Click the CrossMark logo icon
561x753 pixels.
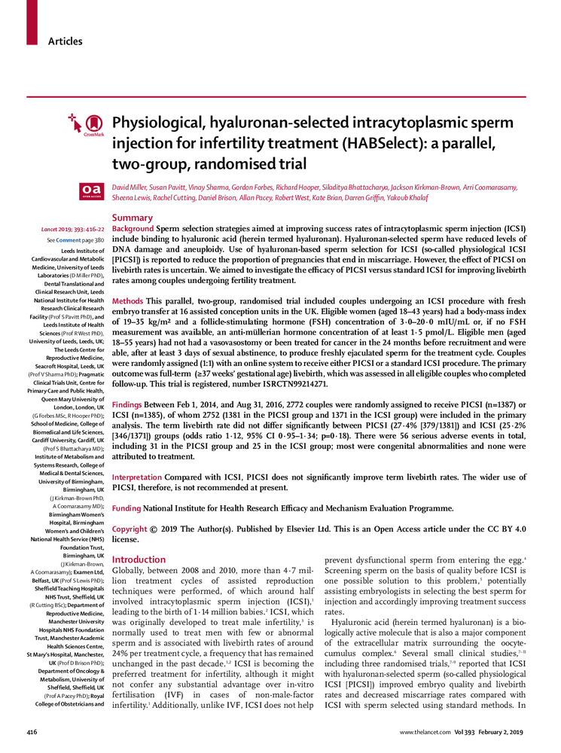click(x=90, y=124)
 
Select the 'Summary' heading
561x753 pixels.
click(x=132, y=217)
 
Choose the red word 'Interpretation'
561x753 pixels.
click(x=139, y=478)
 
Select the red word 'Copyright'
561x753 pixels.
click(x=130, y=530)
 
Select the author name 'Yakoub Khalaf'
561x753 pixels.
click(x=409, y=197)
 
